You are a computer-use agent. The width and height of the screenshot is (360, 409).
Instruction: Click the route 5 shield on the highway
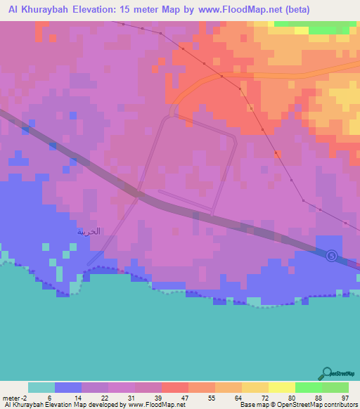(332, 256)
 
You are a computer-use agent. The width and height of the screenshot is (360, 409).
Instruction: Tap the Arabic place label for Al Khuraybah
(89, 231)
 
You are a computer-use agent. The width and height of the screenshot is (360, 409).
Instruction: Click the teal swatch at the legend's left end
(41, 387)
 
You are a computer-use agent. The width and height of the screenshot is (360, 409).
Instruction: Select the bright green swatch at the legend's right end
(335, 387)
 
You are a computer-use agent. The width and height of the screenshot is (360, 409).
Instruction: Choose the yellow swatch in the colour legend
(281, 387)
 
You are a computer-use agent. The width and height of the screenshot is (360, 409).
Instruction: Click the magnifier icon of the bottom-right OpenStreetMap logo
(326, 373)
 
